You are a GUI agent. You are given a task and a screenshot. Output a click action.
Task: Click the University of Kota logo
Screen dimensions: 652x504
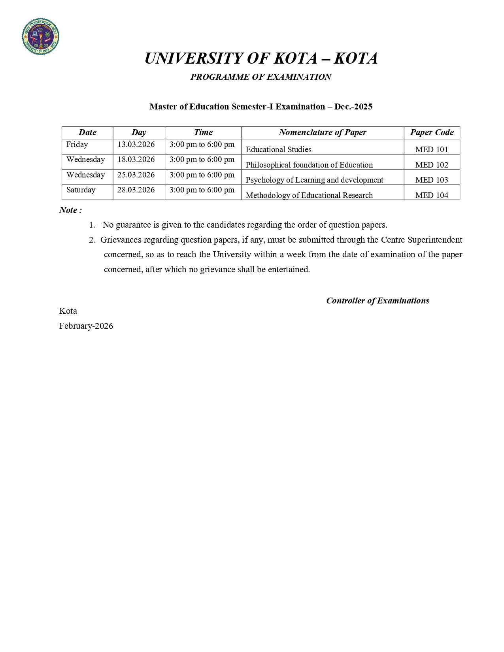tap(40, 36)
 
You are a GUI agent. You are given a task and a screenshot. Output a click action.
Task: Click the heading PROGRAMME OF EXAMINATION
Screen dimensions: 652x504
tap(260, 77)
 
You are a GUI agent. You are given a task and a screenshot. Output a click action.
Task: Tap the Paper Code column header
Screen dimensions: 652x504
tap(432, 132)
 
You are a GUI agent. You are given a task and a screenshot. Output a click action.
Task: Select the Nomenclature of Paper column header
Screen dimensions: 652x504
tap(323, 132)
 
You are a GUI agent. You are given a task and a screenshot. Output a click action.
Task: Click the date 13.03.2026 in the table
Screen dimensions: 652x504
tap(136, 145)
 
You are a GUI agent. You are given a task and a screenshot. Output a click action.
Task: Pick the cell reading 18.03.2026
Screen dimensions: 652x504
tap(136, 160)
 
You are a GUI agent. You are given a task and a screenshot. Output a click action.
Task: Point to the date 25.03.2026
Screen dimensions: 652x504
tap(136, 175)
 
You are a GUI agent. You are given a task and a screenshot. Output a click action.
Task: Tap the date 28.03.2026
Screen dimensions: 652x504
tap(136, 190)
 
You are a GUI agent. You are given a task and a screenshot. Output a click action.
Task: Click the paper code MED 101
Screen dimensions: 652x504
tap(432, 149)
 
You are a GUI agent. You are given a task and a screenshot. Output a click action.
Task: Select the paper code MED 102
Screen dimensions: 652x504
tap(432, 165)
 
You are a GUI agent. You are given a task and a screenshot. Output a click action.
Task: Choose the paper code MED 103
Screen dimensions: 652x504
tap(432, 180)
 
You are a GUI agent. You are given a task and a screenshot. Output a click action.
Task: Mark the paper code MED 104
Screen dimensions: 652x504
tap(432, 195)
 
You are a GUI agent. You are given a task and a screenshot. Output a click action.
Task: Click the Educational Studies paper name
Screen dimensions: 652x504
tap(278, 149)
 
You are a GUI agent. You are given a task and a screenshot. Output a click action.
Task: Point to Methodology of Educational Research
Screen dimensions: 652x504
tap(309, 195)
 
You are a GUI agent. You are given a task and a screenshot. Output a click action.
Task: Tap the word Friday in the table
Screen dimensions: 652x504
tap(77, 145)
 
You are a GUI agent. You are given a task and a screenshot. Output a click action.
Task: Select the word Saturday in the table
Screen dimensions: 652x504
tap(81, 190)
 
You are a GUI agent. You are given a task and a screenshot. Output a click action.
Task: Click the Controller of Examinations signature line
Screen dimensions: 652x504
tap(378, 301)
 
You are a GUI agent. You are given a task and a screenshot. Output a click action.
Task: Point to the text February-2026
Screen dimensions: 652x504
tap(86, 326)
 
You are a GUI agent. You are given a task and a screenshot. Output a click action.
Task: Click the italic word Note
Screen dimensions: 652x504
tap(70, 210)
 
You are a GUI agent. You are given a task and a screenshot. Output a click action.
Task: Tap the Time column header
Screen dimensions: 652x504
tap(203, 132)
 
